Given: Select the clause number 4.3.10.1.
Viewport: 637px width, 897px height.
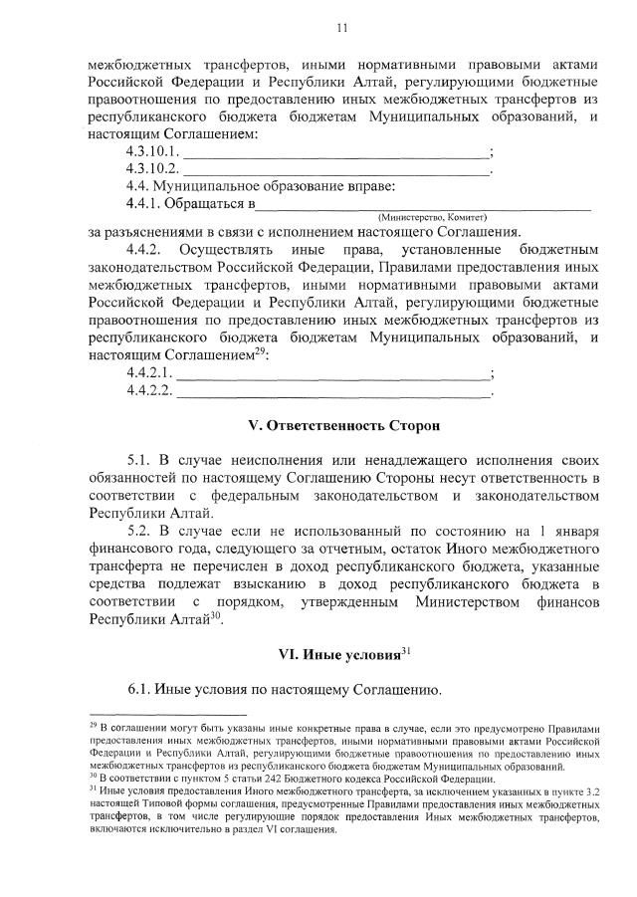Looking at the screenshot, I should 152,151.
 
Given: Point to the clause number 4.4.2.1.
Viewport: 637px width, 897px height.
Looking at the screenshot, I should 150,373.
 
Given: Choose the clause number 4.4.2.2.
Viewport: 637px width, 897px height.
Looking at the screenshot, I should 150,390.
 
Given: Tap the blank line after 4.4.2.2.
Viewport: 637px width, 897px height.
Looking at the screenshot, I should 333,393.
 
